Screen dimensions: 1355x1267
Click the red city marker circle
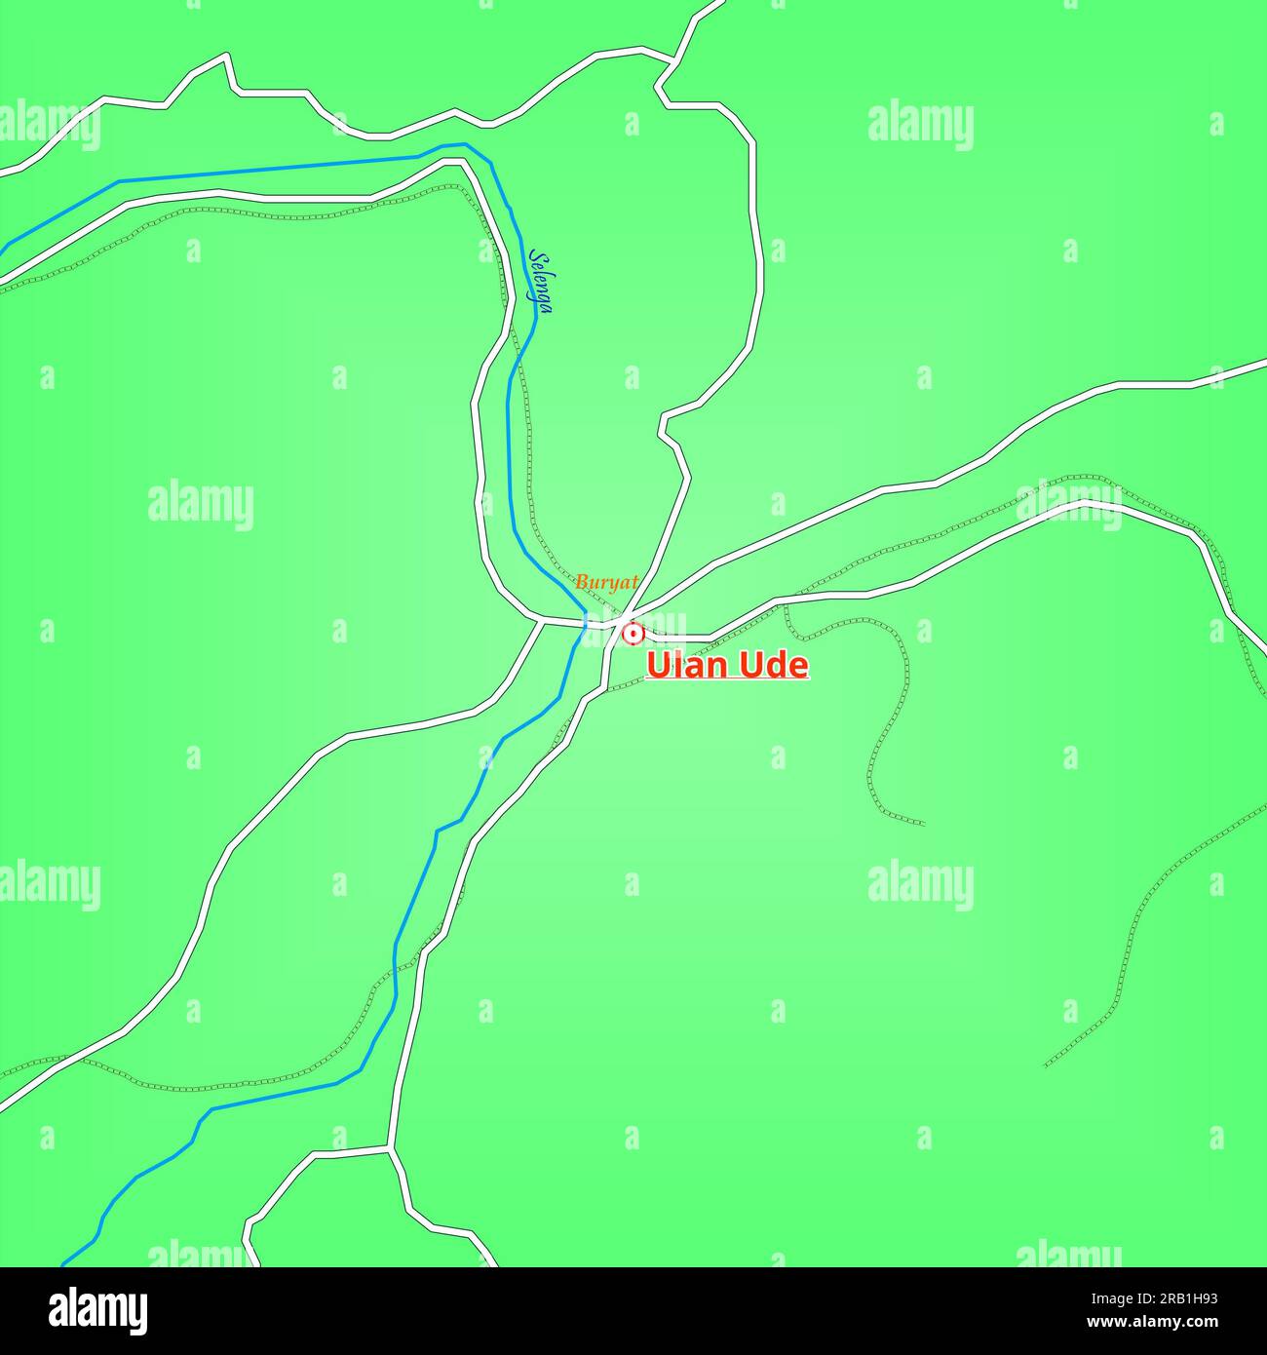tap(633, 634)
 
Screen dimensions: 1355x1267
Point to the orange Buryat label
tap(606, 583)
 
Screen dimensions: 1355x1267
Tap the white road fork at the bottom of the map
tap(390, 1150)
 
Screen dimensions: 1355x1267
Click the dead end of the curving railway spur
tap(923, 825)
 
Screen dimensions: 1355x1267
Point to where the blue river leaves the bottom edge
tap(64, 1264)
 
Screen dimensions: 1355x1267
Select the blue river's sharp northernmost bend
tap(465, 145)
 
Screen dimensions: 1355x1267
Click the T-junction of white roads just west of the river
tap(542, 620)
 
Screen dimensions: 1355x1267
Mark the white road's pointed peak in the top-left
tap(229, 56)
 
